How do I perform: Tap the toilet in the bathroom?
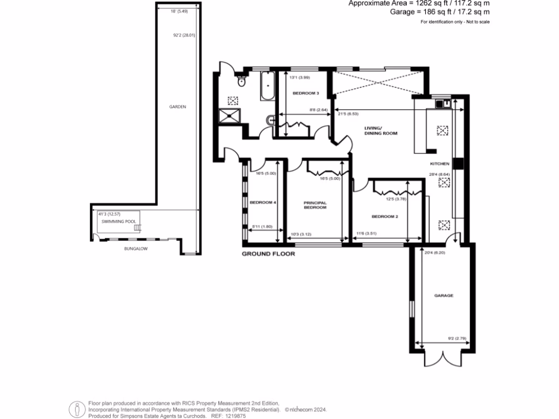241,82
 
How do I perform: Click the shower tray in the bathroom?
229,115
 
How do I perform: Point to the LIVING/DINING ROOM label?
381,131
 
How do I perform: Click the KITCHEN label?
439,164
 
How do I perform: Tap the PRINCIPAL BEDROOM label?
315,205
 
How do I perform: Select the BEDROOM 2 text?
385,217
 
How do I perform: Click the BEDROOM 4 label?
263,202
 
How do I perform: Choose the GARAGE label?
444,295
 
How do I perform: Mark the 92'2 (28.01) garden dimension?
180,36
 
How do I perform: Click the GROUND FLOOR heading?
269,254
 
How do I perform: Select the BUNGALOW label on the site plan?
136,249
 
